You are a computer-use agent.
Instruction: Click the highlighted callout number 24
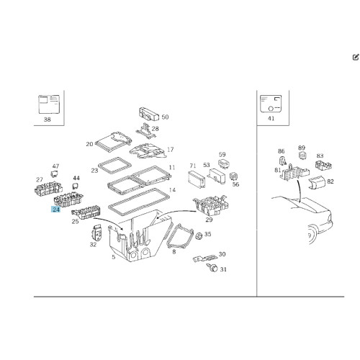tap(56, 210)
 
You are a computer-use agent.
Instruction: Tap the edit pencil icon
tap(356, 57)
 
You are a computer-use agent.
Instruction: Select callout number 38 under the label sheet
tap(48, 120)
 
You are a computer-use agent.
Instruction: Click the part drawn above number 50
tap(149, 114)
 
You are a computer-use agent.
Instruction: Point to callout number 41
tap(271, 118)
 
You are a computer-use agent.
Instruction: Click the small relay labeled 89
tap(302, 156)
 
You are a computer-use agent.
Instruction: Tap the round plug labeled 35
tap(199, 236)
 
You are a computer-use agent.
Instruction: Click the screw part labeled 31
tap(212, 267)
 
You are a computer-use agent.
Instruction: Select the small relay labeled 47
tap(55, 174)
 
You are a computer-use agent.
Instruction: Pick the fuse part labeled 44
tap(75, 186)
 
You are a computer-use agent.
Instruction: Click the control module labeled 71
tap(197, 179)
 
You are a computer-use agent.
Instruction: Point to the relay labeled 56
tap(233, 176)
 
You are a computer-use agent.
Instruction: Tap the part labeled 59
tap(224, 163)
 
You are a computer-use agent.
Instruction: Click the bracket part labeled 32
tap(97, 233)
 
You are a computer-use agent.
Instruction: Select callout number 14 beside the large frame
tap(172, 190)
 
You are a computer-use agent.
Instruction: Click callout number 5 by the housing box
tap(114, 257)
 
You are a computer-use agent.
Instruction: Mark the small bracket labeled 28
tap(146, 131)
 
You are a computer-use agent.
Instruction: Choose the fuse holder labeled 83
tap(324, 165)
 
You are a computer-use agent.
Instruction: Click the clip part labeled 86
tap(283, 161)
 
